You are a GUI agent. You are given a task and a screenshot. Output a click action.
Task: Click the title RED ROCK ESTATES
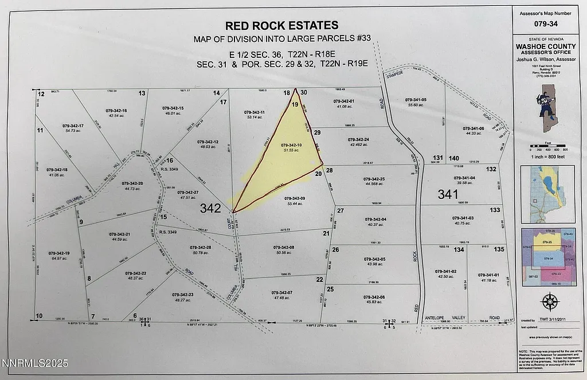[x=281, y=25]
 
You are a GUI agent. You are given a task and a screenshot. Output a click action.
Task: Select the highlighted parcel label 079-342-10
[x=291, y=145]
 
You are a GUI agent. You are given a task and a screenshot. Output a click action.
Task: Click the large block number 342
[x=210, y=209]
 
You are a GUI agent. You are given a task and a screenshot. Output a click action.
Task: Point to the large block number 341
[x=448, y=195]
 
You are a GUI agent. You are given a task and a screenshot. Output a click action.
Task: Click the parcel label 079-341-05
[x=416, y=100]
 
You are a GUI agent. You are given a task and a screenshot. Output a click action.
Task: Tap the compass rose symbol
[x=550, y=301]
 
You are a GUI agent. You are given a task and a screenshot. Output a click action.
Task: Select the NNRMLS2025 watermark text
[x=35, y=363]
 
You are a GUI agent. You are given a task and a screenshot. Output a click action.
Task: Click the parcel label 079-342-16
[x=116, y=110]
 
